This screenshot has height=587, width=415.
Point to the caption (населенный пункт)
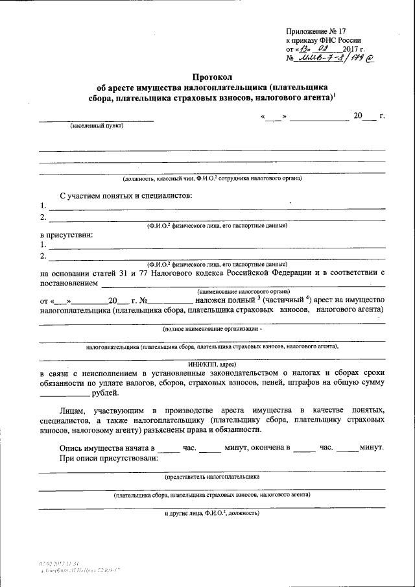coord(97,126)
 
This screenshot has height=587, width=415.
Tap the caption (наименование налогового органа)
coord(241,293)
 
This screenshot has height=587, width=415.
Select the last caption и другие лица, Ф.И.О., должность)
coord(212,512)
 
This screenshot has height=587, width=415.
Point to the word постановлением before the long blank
coord(69,283)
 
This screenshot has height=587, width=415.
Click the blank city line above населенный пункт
coord(96,119)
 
